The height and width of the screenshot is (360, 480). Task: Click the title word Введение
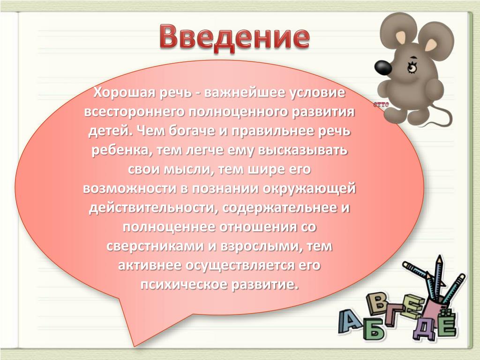pyautogui.click(x=234, y=38)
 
